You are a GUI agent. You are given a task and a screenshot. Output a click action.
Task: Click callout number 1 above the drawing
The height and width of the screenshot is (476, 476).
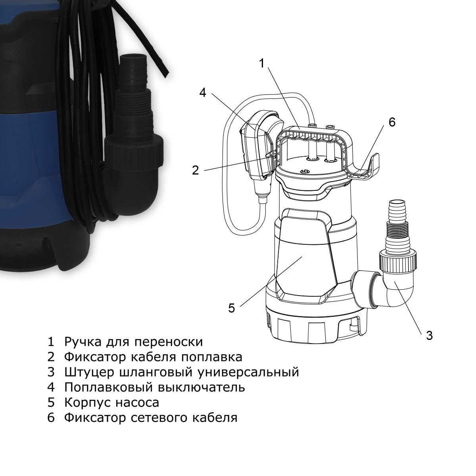point(262,64)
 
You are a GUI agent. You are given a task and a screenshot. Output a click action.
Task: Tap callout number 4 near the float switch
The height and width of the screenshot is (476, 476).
point(203,92)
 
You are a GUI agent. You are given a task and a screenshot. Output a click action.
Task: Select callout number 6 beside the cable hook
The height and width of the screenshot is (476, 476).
point(392,122)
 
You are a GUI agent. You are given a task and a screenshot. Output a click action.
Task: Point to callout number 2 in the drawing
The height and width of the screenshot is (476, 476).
point(195,170)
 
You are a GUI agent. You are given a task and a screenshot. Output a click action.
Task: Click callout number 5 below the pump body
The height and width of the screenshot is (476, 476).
point(231,308)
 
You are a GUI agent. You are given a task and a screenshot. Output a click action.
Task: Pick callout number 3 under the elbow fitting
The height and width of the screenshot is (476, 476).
point(429,336)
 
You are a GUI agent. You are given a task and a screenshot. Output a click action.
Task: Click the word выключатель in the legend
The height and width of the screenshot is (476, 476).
point(202,387)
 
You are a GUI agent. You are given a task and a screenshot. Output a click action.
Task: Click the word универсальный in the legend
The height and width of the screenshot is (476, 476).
point(248,372)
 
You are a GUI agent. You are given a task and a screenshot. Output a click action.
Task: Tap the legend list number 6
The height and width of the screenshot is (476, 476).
point(51,417)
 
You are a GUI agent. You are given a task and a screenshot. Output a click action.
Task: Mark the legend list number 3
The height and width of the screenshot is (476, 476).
point(51,372)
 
